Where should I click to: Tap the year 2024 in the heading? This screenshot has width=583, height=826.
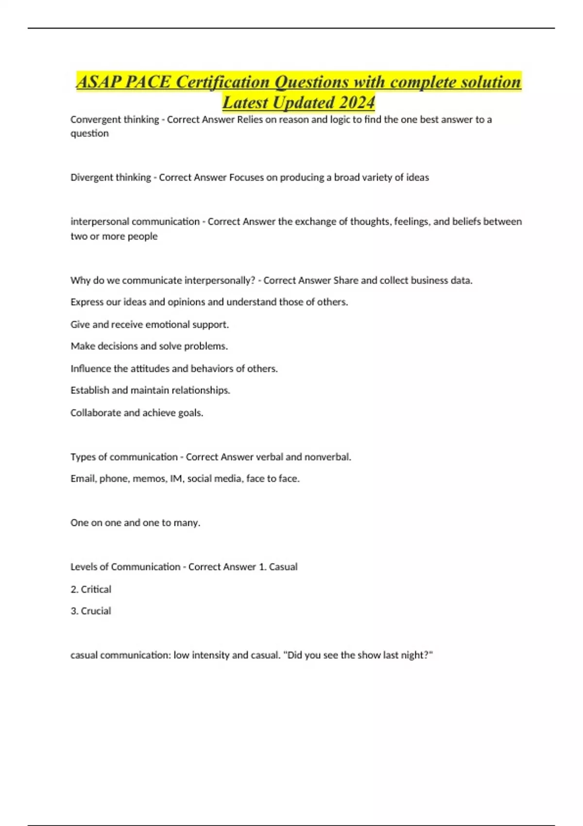tap(357, 103)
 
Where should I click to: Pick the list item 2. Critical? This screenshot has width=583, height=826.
tap(91, 589)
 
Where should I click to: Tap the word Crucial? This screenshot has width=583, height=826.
tap(96, 611)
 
